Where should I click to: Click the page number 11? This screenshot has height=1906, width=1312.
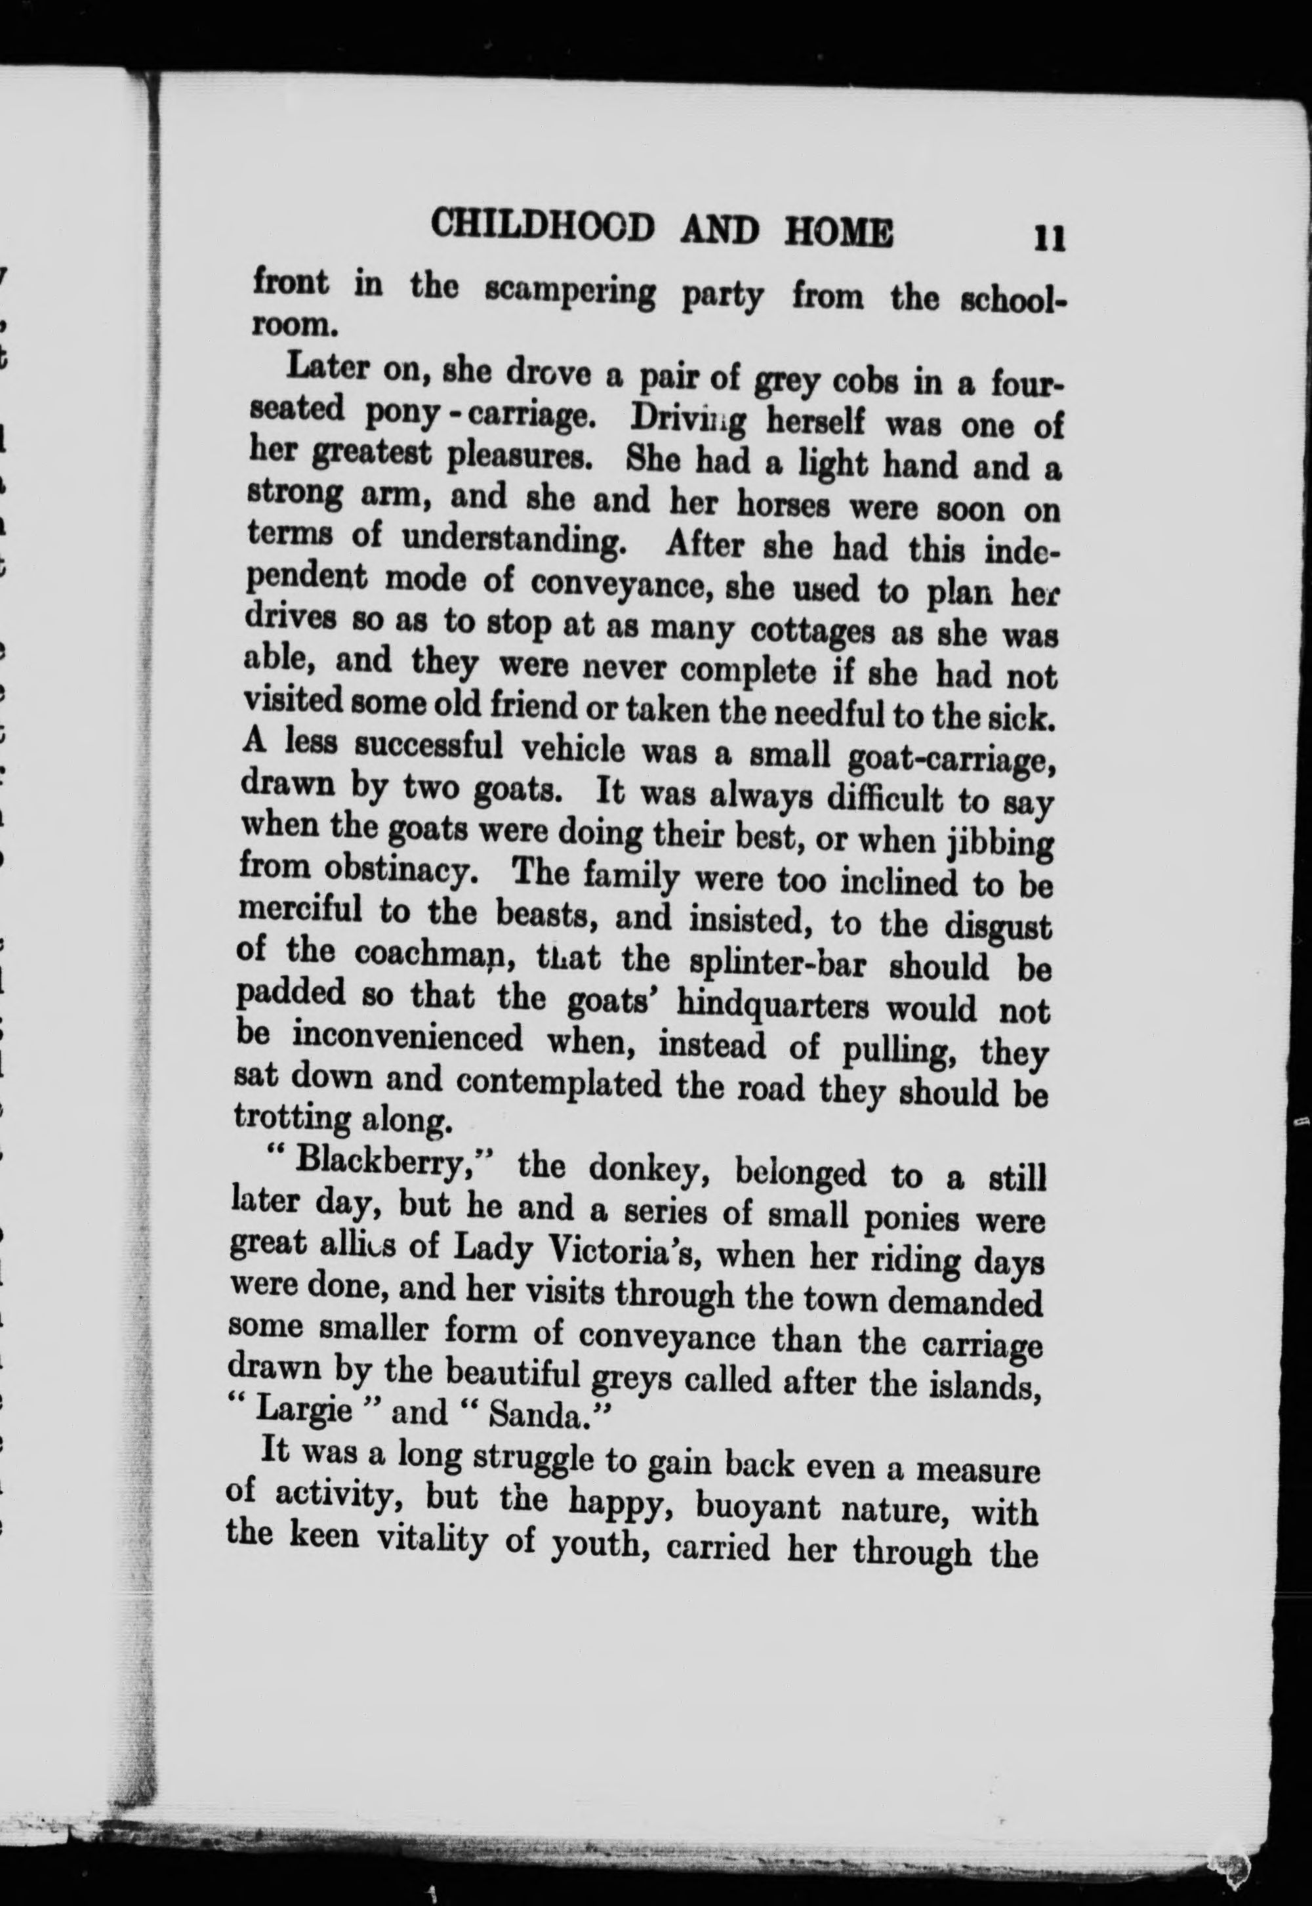click(1050, 238)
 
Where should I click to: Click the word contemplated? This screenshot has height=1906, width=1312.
click(559, 1083)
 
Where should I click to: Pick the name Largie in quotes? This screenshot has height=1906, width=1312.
click(304, 1411)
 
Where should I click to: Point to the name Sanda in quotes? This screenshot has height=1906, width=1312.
click(539, 1414)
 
